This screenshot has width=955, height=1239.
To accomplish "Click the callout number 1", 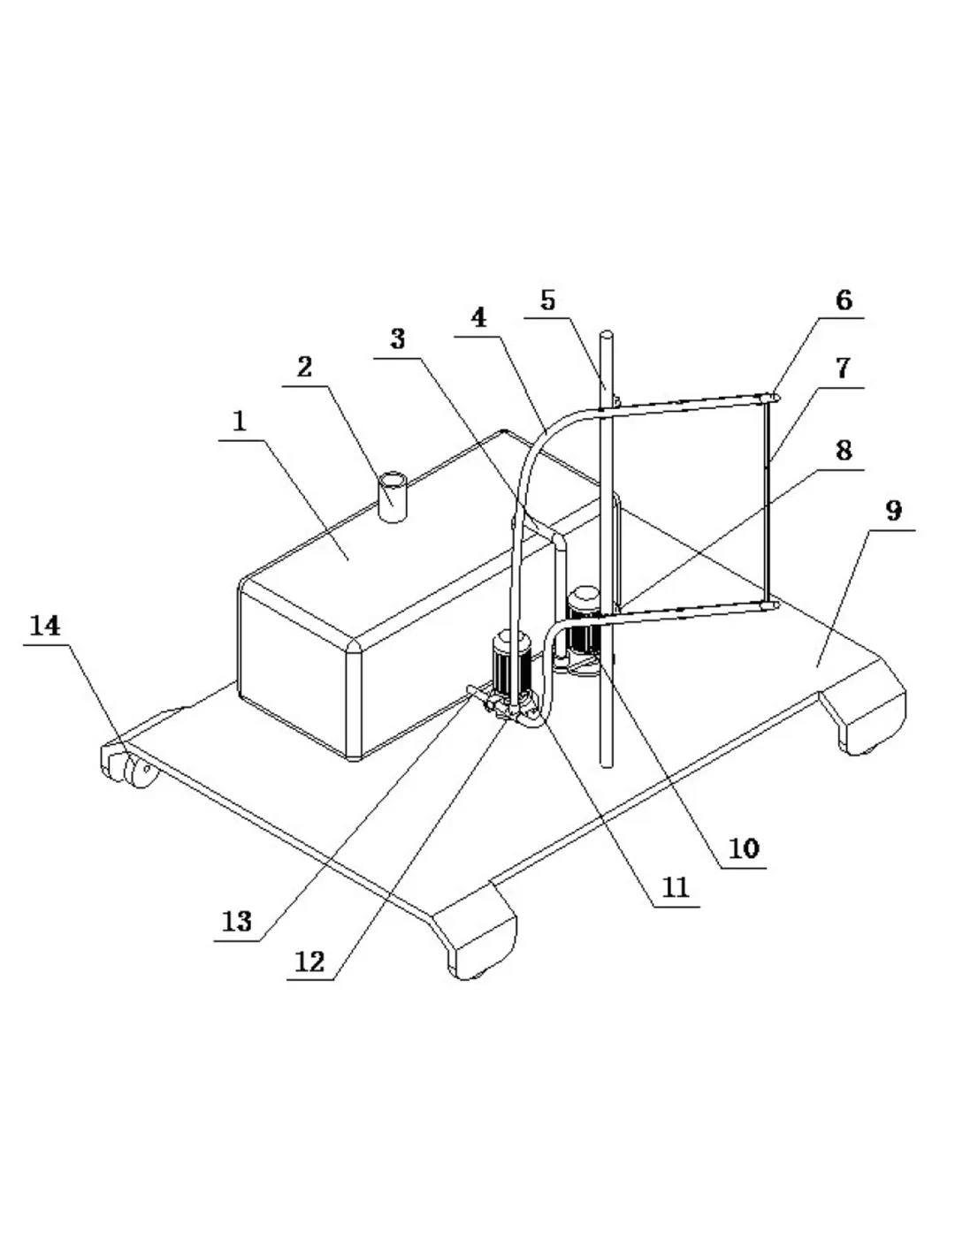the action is point(240,422).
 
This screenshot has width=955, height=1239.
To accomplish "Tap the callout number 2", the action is point(305,368).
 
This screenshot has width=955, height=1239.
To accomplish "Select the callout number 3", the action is point(398,339).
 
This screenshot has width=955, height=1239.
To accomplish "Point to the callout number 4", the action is point(479,318).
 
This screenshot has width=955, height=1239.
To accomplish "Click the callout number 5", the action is point(547,300).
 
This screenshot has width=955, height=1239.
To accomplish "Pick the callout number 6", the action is point(844,300).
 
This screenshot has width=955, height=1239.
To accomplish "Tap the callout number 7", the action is point(844,369).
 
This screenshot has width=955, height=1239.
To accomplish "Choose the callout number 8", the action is point(844,450).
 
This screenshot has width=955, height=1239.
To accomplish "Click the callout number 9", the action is point(894,511).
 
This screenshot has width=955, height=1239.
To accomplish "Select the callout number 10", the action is point(744,849).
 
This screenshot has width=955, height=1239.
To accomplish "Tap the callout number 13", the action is point(236,922).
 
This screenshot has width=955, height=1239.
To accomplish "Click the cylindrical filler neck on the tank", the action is point(393,497).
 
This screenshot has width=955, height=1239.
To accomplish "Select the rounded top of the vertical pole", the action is point(607,337).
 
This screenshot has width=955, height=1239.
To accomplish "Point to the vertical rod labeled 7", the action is point(766,500).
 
